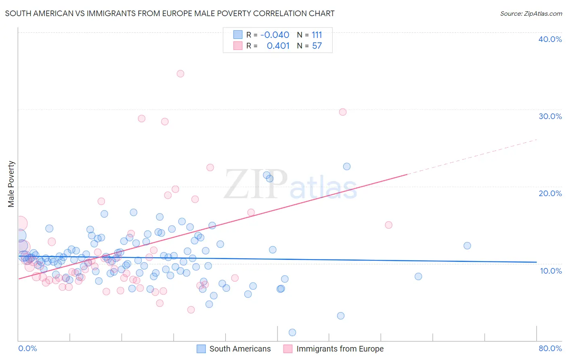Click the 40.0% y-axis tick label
pos(550,39)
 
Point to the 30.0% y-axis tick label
pos(550,116)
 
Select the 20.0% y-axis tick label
pos(550,193)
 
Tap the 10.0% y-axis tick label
pos(551,271)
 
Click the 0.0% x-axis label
pos(27,348)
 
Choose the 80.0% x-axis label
pos(550,348)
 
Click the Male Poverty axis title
pos(11,184)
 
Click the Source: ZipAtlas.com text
pos(531,13)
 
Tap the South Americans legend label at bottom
pos(240,349)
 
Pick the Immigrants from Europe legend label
pos(340,349)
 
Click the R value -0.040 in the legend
pos(275,35)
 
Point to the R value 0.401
pos(278,46)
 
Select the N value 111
pos(317,35)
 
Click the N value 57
pos(317,46)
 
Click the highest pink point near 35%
pos(180,73)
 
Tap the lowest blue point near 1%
pos(292,333)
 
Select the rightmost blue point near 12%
pos(467,246)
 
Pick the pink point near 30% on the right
pos(343,112)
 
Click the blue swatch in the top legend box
pos(238,35)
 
